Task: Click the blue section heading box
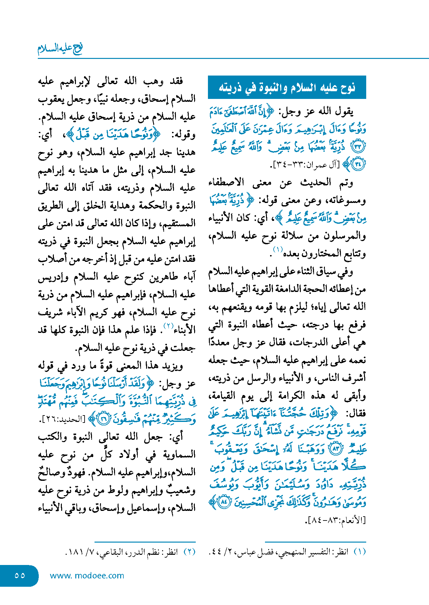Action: [x=287, y=87]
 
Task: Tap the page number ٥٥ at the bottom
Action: [x=20, y=575]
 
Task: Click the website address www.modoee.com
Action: [x=87, y=576]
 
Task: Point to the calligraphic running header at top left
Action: [x=60, y=49]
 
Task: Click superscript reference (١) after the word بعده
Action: [x=277, y=249]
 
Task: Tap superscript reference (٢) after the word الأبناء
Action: [x=169, y=326]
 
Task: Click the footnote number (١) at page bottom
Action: [x=359, y=552]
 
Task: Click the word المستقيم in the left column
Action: [x=179, y=223]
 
